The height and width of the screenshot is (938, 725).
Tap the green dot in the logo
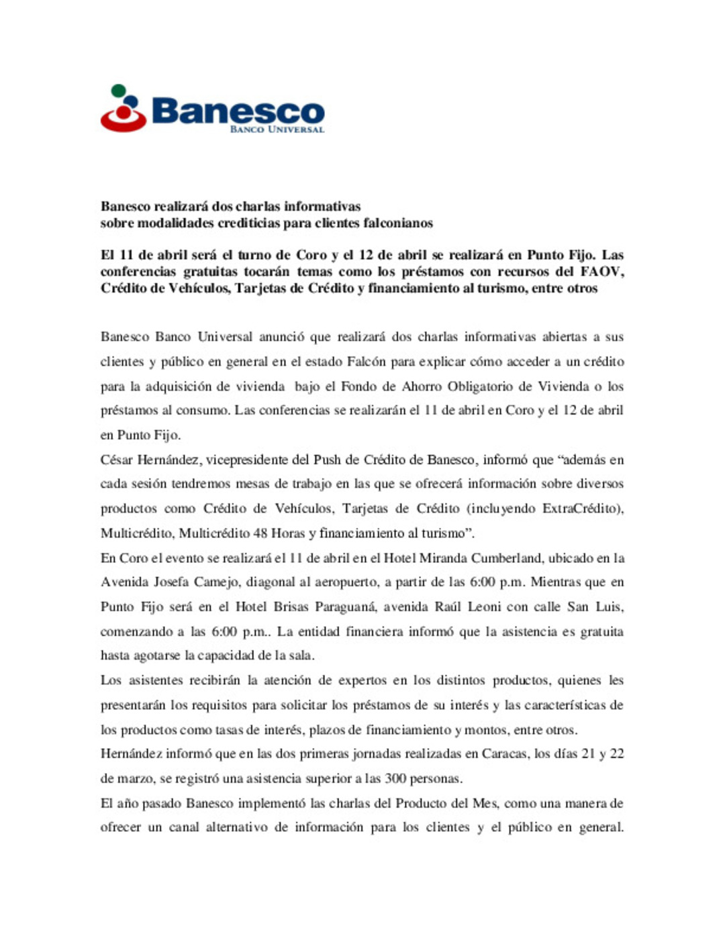point(118,90)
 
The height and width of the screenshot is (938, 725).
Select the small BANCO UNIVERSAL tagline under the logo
point(277,129)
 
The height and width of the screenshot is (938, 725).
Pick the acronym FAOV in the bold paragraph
point(602,272)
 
